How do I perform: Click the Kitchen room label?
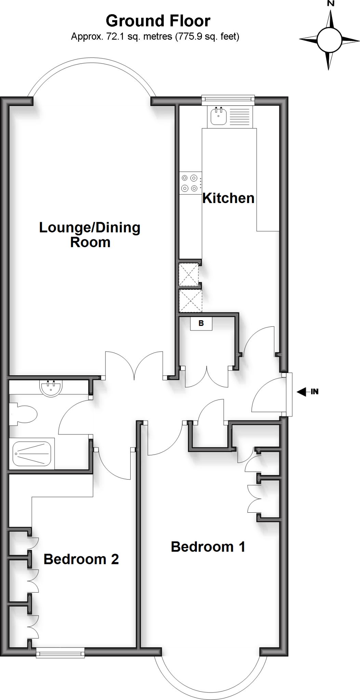click(x=228, y=198)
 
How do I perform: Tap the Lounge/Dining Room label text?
click(x=90, y=235)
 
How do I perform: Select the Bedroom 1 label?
click(x=208, y=547)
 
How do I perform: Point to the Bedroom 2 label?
click(x=81, y=559)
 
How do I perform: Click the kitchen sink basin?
click(x=218, y=116)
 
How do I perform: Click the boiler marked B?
click(x=201, y=323)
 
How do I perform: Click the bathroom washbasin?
click(x=51, y=388)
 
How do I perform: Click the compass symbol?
click(x=329, y=40)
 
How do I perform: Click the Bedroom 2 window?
click(x=61, y=654)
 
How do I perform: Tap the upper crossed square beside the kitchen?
click(x=189, y=274)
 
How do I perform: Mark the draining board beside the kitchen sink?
click(x=239, y=116)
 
